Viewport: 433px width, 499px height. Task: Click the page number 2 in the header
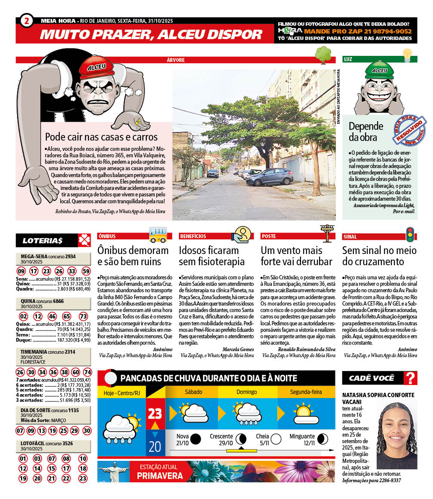(x=27, y=21)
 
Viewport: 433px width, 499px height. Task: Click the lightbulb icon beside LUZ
(x=407, y=55)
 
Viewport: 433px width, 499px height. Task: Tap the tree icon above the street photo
(x=323, y=55)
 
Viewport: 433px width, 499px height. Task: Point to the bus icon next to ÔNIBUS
(x=158, y=235)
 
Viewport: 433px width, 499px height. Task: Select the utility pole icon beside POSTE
(x=328, y=234)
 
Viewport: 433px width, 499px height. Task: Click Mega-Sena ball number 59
(x=86, y=271)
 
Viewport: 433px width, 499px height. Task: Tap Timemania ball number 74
(x=87, y=372)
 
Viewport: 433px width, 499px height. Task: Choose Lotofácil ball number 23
(x=83, y=478)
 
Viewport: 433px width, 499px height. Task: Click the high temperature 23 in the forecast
(x=155, y=413)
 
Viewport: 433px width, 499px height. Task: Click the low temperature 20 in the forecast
(x=155, y=447)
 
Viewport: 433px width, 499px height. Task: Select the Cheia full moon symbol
(x=276, y=439)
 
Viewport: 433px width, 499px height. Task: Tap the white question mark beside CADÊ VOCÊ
(x=411, y=378)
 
